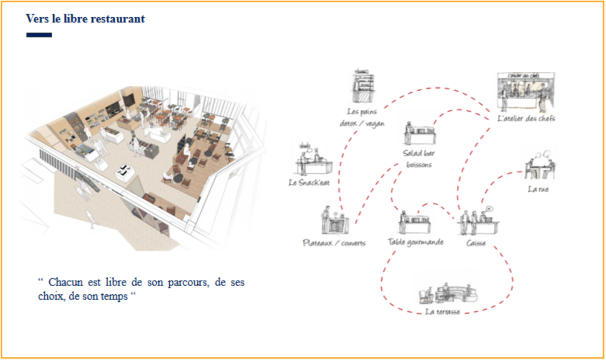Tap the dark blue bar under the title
click(x=39, y=35)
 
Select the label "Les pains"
click(x=362, y=112)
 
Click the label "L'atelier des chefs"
click(x=526, y=118)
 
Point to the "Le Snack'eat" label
click(x=309, y=182)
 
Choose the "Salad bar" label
click(x=419, y=153)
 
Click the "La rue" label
click(x=538, y=189)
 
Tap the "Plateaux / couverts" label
click(x=334, y=243)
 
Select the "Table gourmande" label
click(x=415, y=242)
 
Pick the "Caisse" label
click(x=476, y=243)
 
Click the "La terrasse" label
click(x=443, y=311)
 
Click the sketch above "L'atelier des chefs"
click(x=526, y=91)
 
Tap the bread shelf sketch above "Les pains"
click(x=363, y=86)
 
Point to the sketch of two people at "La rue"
click(x=540, y=166)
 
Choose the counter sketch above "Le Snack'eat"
click(x=313, y=160)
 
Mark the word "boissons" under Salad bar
click(x=419, y=165)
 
